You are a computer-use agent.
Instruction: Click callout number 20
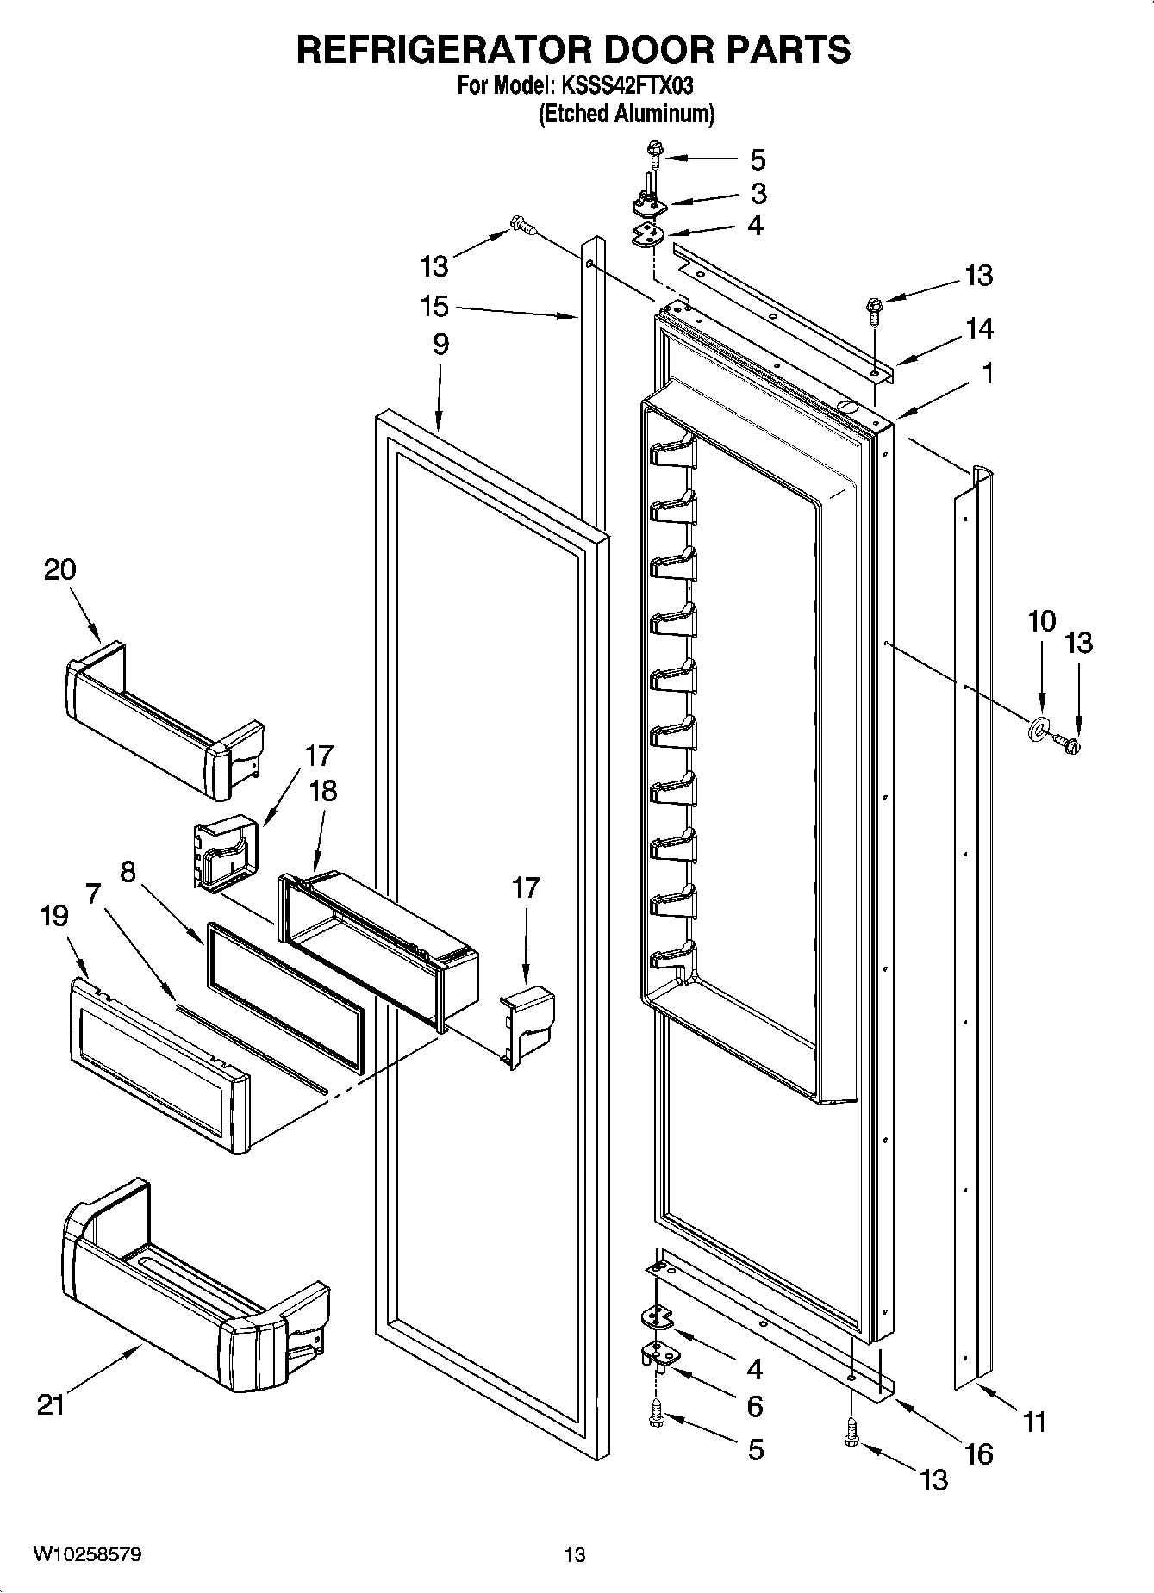point(59,569)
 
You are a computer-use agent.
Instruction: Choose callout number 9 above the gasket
point(440,345)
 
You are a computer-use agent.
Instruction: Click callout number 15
point(434,306)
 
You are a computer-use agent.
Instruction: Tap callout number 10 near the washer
point(1041,620)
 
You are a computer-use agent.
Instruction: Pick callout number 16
point(979,1454)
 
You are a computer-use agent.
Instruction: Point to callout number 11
point(1033,1421)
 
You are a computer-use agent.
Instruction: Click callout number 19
point(53,916)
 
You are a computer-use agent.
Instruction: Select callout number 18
point(323,791)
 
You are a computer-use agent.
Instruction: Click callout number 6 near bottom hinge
point(754,1406)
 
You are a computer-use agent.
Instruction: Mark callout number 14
point(979,328)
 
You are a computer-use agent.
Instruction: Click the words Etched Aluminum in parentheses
point(626,114)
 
